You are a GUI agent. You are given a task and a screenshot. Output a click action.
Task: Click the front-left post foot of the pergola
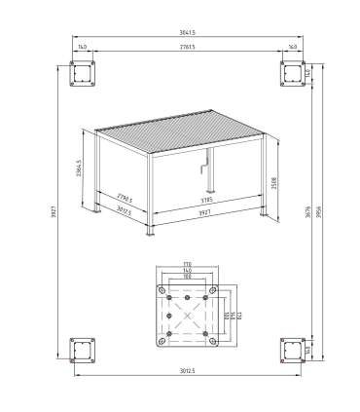pos(149,234)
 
